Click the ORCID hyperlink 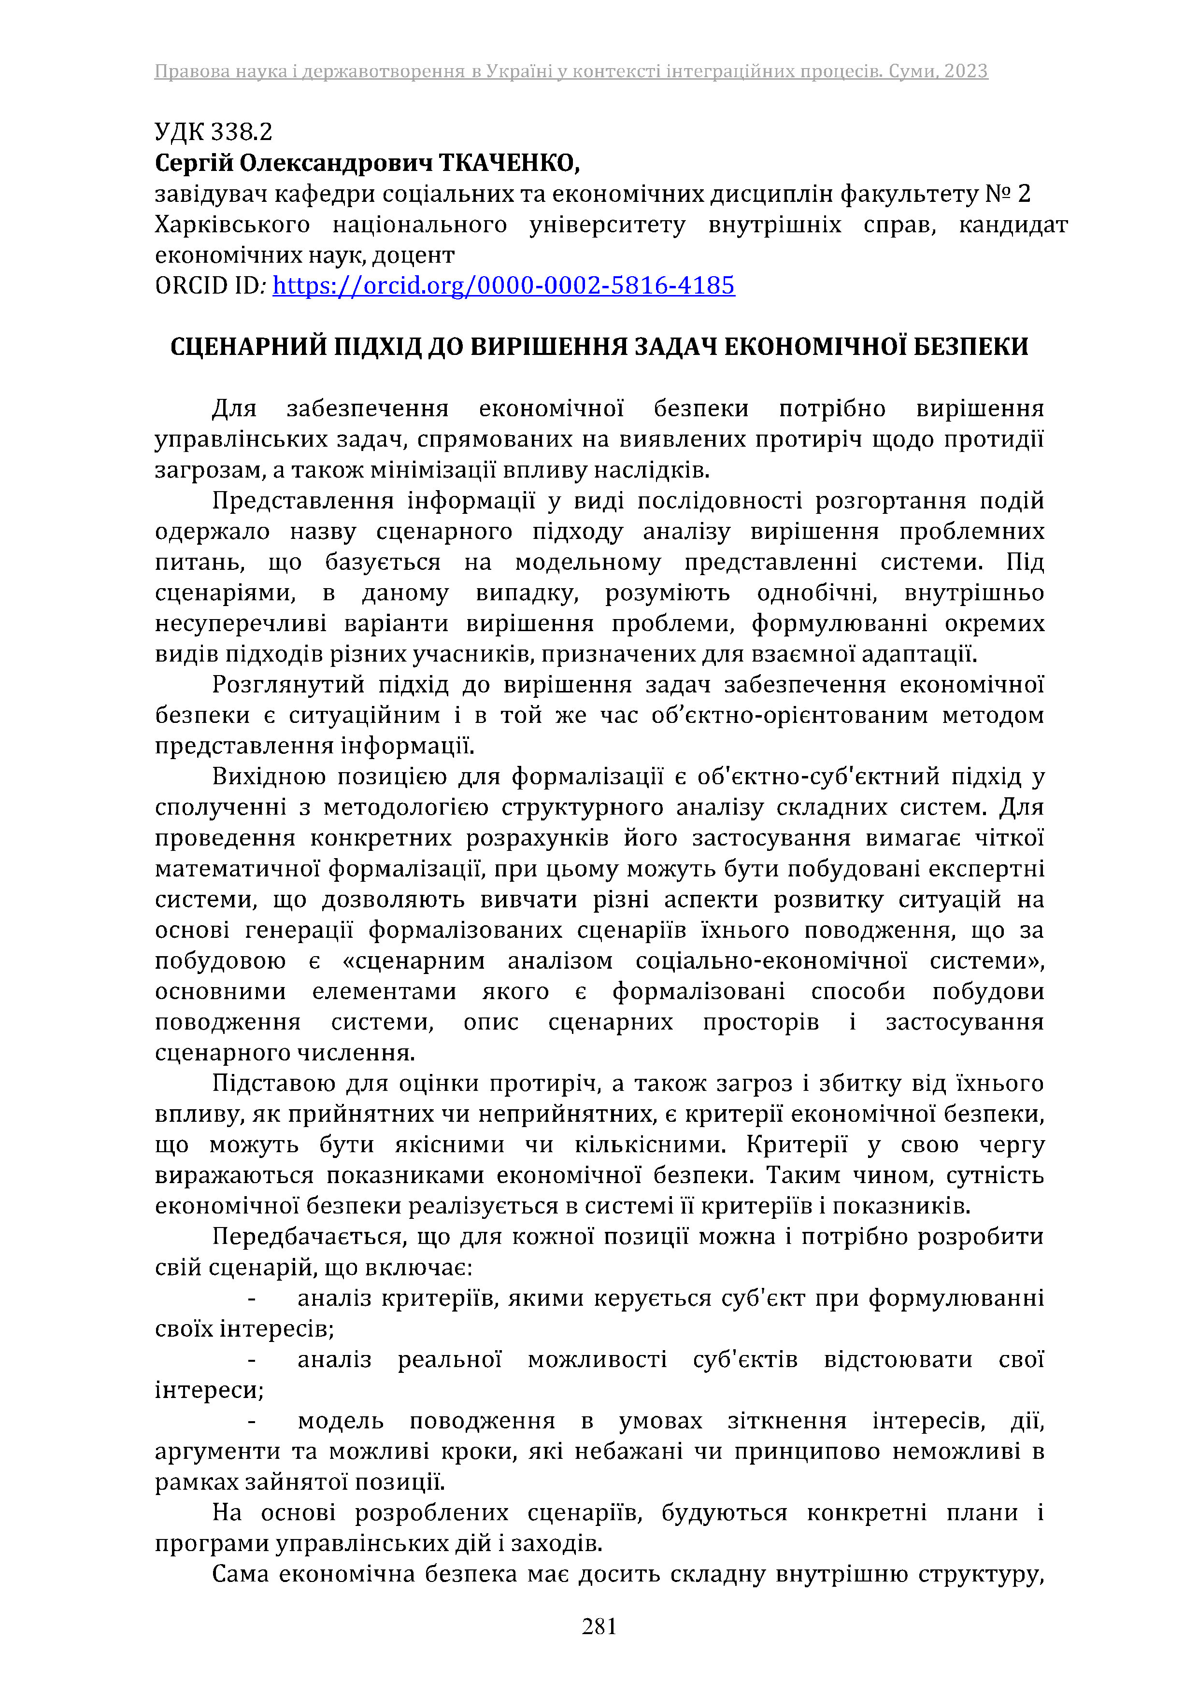coord(503,285)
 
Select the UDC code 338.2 coord(242,132)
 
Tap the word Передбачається coord(307,1237)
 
